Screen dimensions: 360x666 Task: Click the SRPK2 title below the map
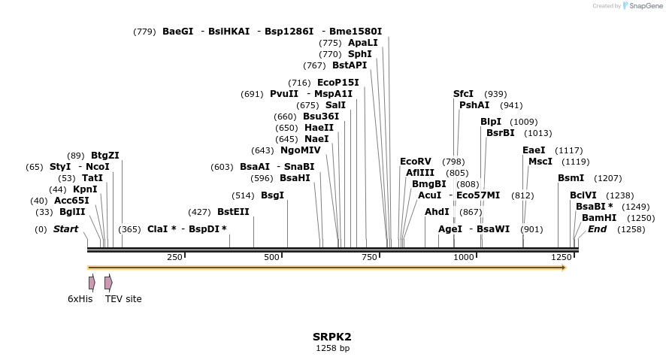tap(332, 337)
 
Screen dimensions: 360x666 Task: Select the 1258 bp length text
tap(332, 348)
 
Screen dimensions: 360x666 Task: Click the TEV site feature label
tap(123, 298)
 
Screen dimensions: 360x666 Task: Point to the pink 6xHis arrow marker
tap(92, 283)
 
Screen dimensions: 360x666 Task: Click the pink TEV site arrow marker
tap(108, 283)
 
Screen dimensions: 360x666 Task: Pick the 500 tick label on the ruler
tap(272, 257)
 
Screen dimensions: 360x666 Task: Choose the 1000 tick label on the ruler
tap(464, 257)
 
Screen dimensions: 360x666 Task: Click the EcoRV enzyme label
tap(416, 162)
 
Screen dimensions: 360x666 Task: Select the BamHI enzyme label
tap(599, 218)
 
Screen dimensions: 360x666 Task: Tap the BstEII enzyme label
tap(233, 212)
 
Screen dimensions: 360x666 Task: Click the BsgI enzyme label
tap(272, 195)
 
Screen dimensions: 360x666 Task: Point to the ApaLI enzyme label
tap(363, 43)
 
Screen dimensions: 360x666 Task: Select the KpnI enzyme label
tap(85, 189)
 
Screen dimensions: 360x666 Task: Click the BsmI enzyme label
tap(571, 178)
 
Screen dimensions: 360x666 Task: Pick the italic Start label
tap(65, 229)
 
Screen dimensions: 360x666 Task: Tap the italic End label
tap(597, 229)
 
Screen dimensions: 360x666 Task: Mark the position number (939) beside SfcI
tap(495, 94)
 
